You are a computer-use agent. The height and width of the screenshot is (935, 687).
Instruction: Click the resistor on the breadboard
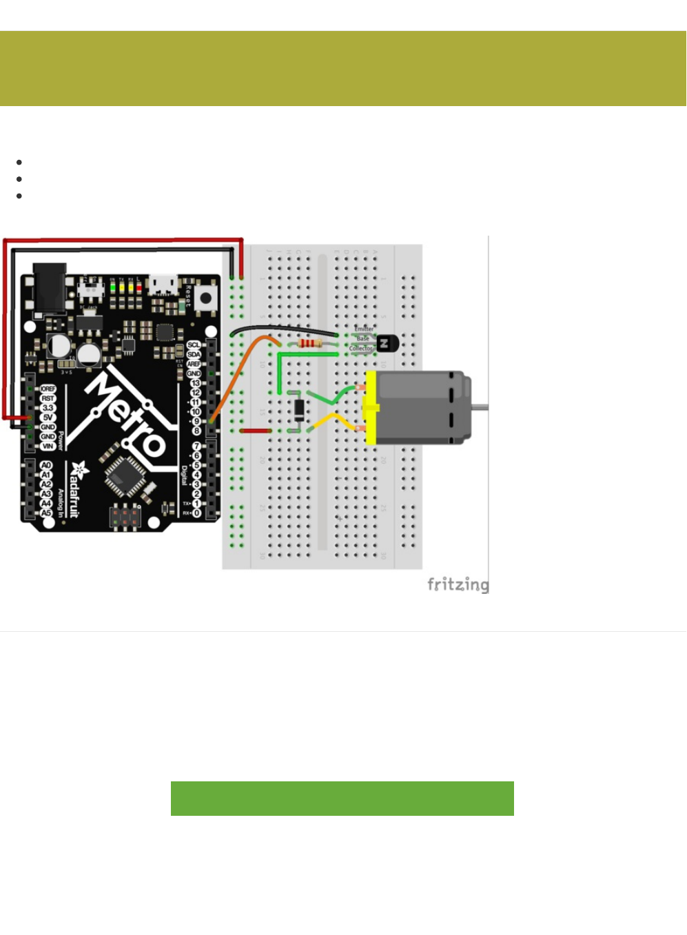(311, 343)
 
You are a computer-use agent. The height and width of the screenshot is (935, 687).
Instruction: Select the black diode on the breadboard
(299, 410)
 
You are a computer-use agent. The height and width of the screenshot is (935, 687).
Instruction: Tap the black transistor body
(387, 342)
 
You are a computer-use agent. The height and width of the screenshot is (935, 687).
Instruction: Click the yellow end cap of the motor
(371, 408)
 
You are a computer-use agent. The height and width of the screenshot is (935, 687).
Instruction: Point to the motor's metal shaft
(480, 407)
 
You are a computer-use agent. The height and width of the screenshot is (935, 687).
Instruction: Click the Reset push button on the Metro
(205, 298)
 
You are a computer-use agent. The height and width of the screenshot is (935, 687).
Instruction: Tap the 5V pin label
(48, 418)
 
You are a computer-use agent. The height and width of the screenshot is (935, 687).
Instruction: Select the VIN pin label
(48, 446)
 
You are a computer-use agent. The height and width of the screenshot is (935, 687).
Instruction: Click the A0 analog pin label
(46, 466)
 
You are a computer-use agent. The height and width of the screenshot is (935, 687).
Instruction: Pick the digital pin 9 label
(196, 421)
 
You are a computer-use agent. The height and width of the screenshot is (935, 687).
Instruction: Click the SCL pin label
(194, 345)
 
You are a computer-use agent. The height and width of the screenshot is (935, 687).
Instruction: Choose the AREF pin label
(194, 364)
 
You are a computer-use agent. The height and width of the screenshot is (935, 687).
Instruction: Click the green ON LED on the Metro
(112, 286)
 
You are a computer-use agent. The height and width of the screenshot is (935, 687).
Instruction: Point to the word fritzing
(458, 584)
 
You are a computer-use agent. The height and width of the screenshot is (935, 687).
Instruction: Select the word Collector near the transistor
(360, 349)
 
